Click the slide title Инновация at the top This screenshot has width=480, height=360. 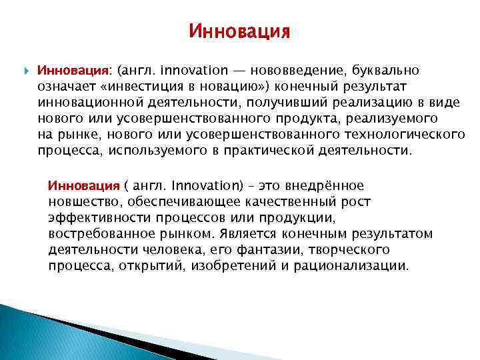239,32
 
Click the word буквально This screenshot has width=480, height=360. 386,70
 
